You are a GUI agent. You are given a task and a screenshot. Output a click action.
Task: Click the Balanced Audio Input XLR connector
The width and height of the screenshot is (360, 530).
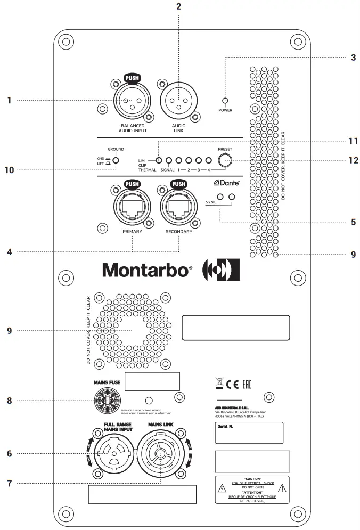(x=130, y=100)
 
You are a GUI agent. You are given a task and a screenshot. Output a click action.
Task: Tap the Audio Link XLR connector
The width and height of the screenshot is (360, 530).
(x=178, y=100)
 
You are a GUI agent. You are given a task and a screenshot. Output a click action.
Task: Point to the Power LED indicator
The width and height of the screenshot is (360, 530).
(x=225, y=101)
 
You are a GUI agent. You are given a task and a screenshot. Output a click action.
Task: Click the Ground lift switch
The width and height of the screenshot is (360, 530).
(x=115, y=160)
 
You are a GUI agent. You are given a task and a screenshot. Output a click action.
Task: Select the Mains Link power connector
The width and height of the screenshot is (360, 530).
(x=159, y=453)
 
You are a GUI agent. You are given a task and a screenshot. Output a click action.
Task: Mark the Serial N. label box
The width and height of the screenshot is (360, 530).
(x=249, y=433)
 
